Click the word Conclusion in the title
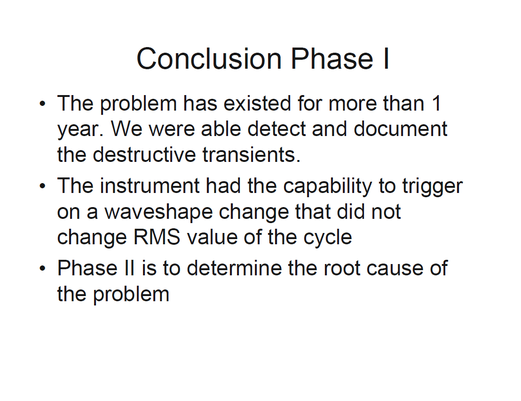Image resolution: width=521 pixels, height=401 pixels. pyautogui.click(x=209, y=58)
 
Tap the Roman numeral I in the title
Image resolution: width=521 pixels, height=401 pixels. pyautogui.click(x=386, y=58)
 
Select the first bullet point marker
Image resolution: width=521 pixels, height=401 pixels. pyautogui.click(x=42, y=104)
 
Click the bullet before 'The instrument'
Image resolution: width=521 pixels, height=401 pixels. pyautogui.click(x=42, y=186)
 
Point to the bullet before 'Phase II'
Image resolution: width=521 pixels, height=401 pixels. pyautogui.click(x=42, y=268)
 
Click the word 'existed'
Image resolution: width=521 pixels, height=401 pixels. pyautogui.click(x=257, y=103)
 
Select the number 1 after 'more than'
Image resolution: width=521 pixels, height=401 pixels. pyautogui.click(x=436, y=103)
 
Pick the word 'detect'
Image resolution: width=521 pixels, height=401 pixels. pyautogui.click(x=276, y=129)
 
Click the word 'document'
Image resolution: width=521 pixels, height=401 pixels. pyautogui.click(x=400, y=129)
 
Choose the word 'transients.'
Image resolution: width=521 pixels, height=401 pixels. pyautogui.click(x=252, y=155)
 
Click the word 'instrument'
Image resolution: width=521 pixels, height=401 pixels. pyautogui.click(x=150, y=185)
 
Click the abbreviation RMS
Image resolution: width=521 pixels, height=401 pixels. pyautogui.click(x=157, y=237)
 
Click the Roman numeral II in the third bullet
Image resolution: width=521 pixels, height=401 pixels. pyautogui.click(x=130, y=268)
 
